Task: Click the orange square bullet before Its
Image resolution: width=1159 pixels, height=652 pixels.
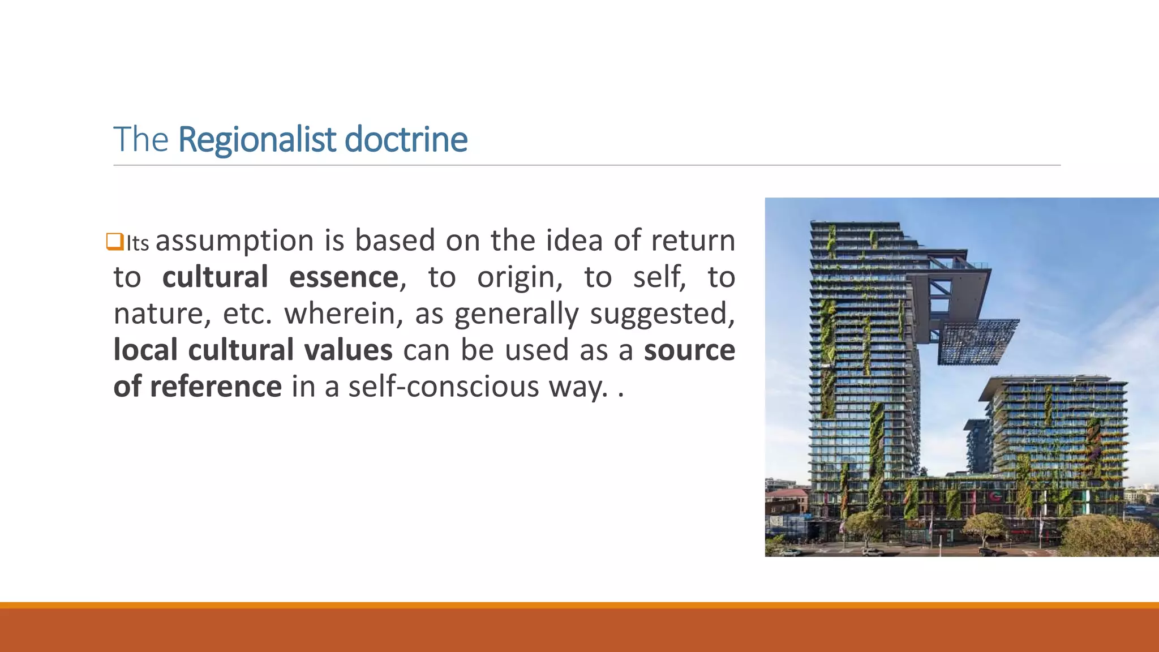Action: click(x=114, y=242)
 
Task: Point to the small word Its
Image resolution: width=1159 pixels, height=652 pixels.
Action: click(x=137, y=243)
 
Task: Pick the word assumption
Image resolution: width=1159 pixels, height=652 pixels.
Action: click(x=234, y=241)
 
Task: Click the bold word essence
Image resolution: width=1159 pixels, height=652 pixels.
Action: click(x=344, y=277)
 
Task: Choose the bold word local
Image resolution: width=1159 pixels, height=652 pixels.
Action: click(x=145, y=350)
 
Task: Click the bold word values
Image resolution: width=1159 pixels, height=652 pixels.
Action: click(x=348, y=350)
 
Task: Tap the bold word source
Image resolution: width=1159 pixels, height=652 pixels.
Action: click(x=689, y=350)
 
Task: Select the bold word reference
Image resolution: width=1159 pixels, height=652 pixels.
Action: click(x=216, y=387)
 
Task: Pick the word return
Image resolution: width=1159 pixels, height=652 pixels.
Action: click(x=693, y=241)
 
